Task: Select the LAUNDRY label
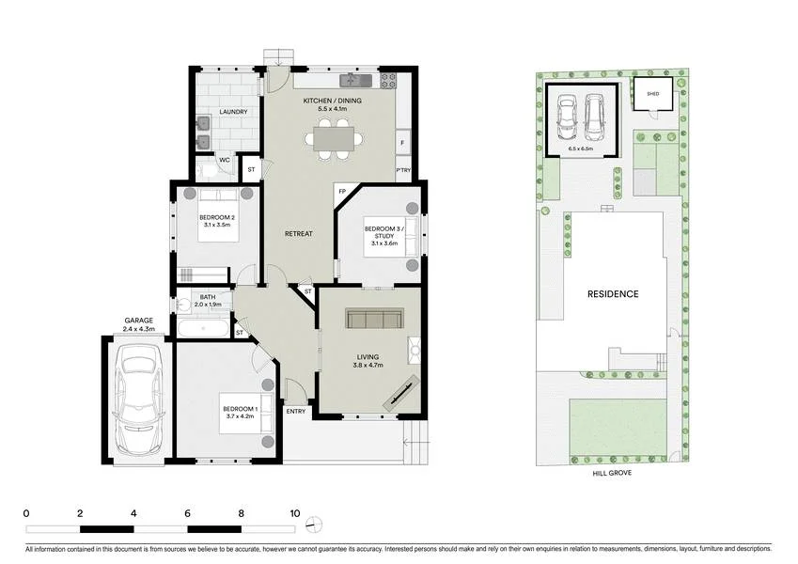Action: coord(233,112)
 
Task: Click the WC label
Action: coord(225,161)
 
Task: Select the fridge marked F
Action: coord(403,143)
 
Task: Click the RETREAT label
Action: coord(299,233)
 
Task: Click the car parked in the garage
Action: coord(137,400)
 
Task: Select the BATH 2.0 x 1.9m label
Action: coord(207,301)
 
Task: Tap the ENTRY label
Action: coord(296,411)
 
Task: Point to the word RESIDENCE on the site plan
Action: coord(614,294)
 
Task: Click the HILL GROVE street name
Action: coord(612,473)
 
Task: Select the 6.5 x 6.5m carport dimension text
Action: coord(582,149)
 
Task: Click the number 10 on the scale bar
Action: coord(295,514)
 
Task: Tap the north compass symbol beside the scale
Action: coord(319,523)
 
